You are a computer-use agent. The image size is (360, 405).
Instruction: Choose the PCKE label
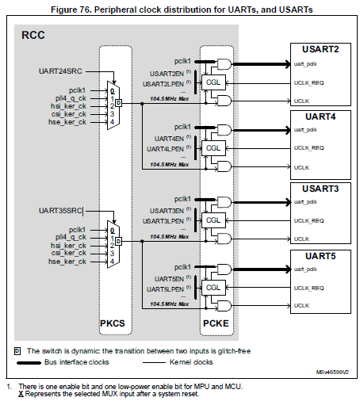point(216,324)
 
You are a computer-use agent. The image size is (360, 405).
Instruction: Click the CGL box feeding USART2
point(213,81)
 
